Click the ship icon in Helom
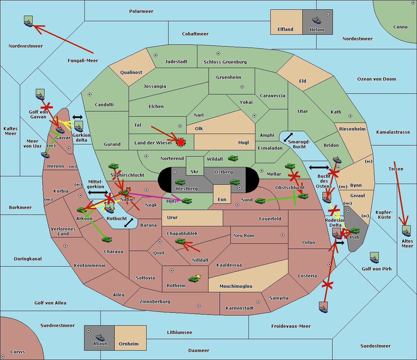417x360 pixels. pyautogui.click(x=317, y=20)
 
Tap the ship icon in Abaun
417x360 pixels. pyautogui.click(x=100, y=337)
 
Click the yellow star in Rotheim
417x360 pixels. pyautogui.click(x=198, y=276)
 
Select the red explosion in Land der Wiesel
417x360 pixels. pyautogui.click(x=181, y=142)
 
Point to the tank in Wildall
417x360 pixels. pyautogui.click(x=233, y=158)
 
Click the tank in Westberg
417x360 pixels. pyautogui.click(x=180, y=182)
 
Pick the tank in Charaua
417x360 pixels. pyautogui.click(x=107, y=239)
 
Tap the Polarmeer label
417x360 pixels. pyautogui.click(x=141, y=11)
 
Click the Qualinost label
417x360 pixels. pyautogui.click(x=131, y=72)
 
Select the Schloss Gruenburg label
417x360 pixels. pyautogui.click(x=225, y=62)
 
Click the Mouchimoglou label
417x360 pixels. pyautogui.click(x=236, y=286)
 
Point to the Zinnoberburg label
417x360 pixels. pyautogui.click(x=155, y=302)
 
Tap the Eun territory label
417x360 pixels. pyautogui.click(x=222, y=199)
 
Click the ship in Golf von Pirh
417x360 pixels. pyautogui.click(x=375, y=258)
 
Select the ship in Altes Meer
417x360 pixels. pyautogui.click(x=406, y=231)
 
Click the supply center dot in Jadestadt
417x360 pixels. pyautogui.click(x=156, y=55)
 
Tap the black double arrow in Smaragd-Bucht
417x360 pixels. pyautogui.click(x=288, y=137)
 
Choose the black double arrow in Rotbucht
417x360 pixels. pyautogui.click(x=129, y=223)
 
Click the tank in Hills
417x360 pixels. pyautogui.click(x=187, y=201)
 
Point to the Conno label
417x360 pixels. pyautogui.click(x=400, y=27)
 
